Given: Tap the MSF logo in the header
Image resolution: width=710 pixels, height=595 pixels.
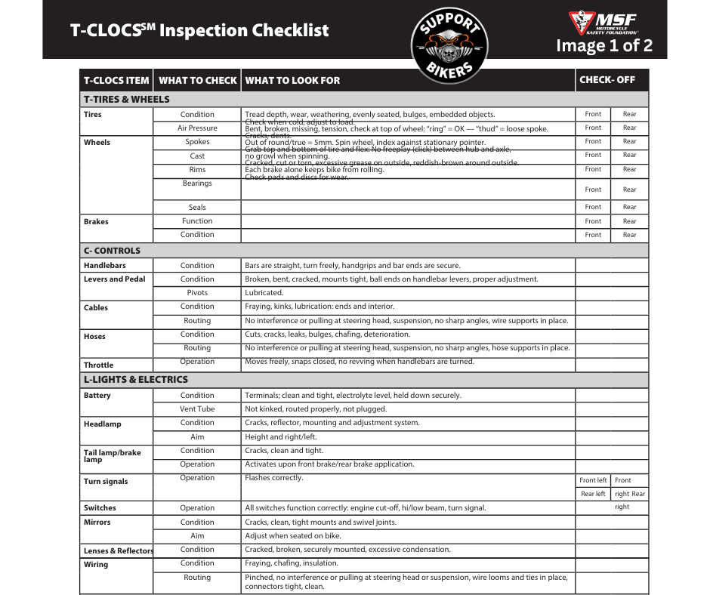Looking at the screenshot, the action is (x=603, y=23).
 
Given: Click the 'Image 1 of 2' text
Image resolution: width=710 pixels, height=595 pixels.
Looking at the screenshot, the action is (x=604, y=46).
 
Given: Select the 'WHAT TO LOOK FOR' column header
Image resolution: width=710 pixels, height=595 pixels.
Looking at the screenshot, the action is (x=292, y=80).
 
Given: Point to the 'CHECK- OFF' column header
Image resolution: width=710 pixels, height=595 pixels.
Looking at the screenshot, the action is (x=607, y=79).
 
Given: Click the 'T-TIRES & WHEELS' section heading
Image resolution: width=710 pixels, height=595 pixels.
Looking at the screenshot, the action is (x=127, y=99).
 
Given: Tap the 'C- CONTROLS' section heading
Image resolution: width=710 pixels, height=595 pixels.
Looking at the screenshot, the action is (x=112, y=250).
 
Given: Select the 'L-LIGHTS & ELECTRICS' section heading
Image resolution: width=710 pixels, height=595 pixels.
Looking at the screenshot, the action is (x=136, y=379).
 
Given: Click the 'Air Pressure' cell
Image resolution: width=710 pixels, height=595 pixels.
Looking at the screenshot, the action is (x=197, y=128).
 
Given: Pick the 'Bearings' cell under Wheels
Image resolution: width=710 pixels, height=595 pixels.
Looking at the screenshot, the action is (x=197, y=183).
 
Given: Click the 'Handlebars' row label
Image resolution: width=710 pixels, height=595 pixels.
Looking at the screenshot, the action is (x=105, y=266).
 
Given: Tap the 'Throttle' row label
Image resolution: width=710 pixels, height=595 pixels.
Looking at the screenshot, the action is (x=99, y=365).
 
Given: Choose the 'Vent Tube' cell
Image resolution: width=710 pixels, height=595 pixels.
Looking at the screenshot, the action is (x=197, y=409).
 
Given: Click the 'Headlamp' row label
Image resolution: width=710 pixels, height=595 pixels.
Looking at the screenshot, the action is (x=102, y=424).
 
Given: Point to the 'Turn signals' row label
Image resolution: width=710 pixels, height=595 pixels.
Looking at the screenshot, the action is (x=106, y=482).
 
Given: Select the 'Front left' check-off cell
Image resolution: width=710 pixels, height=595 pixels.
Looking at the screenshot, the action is (x=593, y=480).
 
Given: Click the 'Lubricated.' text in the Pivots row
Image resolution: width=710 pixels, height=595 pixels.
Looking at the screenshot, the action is (x=264, y=293).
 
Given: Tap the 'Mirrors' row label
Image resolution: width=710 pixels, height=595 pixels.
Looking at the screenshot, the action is (x=97, y=522).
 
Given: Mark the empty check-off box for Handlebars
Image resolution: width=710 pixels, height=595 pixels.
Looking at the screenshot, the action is (x=612, y=266).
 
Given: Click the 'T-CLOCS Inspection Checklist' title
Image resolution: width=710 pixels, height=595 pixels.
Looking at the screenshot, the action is (x=199, y=31).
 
